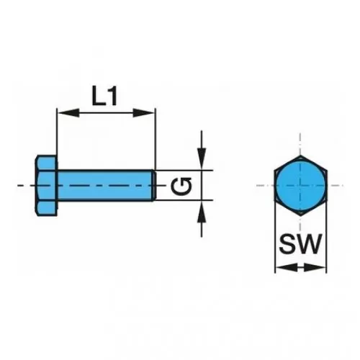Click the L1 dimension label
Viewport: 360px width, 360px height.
(105, 96)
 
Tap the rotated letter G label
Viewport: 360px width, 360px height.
(181, 186)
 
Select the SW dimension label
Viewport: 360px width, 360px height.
(300, 244)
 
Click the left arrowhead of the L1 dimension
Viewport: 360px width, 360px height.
(68, 112)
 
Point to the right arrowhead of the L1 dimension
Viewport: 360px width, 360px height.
(144, 112)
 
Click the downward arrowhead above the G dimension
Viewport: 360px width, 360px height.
(202, 158)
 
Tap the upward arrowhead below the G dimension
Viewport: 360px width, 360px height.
(202, 212)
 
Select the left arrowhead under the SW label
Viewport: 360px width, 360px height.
(286, 267)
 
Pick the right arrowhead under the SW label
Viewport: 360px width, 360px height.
(315, 267)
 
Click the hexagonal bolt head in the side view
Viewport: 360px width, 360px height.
(47, 186)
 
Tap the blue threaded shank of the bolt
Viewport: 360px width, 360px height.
(105, 185)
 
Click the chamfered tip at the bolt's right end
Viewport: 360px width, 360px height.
(154, 185)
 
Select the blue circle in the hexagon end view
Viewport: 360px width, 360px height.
(300, 186)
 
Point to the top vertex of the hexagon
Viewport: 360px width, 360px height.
(300, 156)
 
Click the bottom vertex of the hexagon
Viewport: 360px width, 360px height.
(300, 215)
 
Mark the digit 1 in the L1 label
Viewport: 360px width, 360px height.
(112, 96)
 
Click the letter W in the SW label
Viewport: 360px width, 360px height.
(310, 244)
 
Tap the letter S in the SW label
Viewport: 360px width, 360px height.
(287, 244)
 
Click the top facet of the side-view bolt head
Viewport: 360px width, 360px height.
(47, 163)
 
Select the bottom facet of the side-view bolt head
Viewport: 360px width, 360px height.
(47, 208)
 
